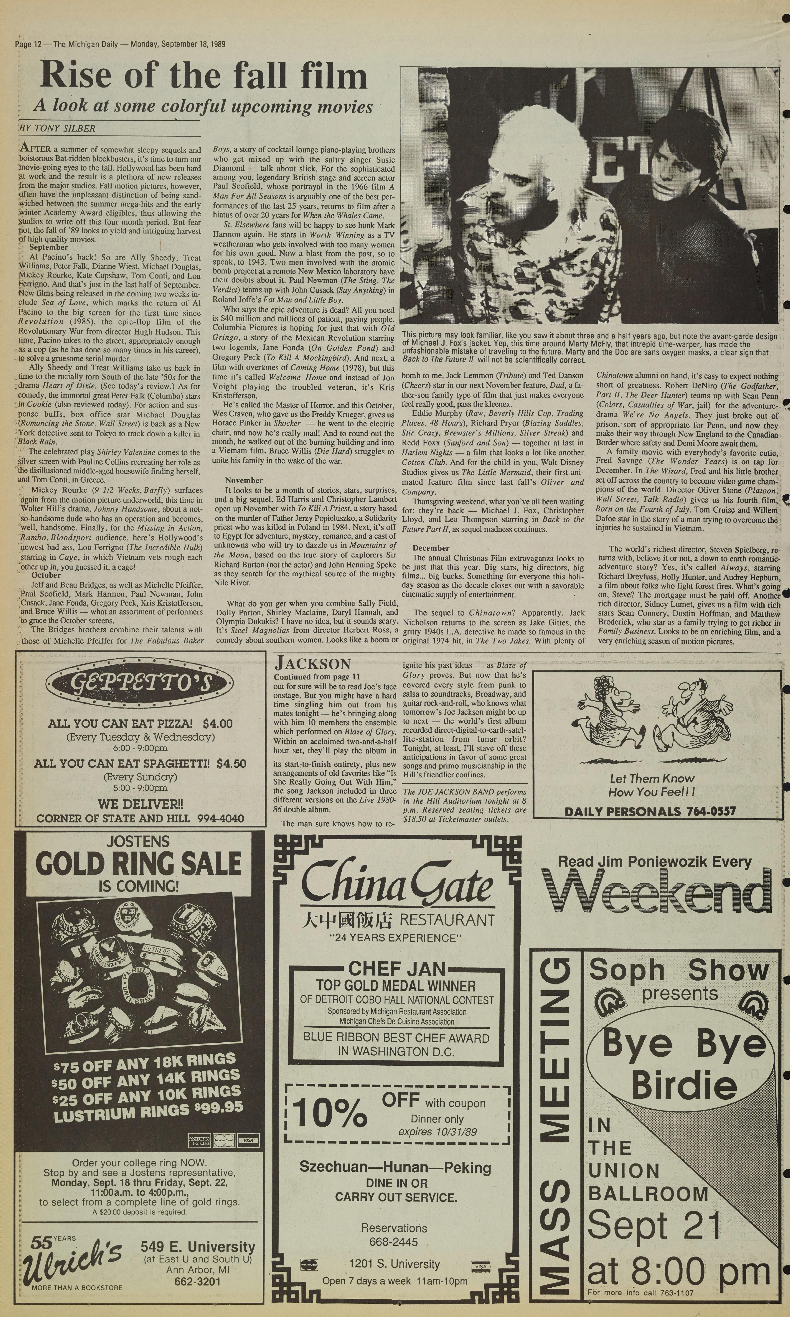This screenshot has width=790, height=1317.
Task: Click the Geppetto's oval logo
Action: [x=140, y=684]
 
